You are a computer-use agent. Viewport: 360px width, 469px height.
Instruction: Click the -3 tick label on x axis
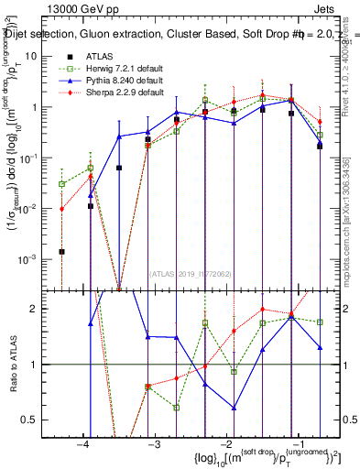point(154,444)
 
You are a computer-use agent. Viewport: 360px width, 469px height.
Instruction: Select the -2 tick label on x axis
point(225,444)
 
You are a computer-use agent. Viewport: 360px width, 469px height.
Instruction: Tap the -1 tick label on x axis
point(297,444)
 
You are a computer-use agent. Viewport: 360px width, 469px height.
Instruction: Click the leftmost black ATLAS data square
point(61,251)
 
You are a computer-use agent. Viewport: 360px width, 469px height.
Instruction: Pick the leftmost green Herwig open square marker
point(61,184)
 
